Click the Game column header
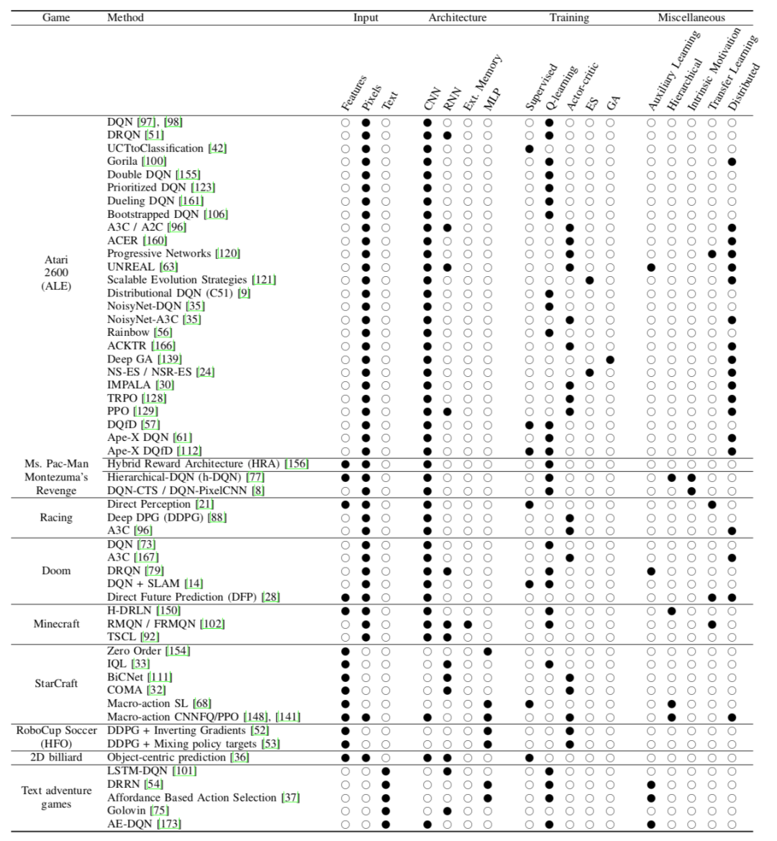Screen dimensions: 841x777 pos(56,17)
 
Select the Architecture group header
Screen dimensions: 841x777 pos(457,17)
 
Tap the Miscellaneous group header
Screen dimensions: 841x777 pos(691,17)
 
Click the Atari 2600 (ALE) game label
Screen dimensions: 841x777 pos(56,273)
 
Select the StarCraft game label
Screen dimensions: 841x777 pos(56,683)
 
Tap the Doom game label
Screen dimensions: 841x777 pos(56,570)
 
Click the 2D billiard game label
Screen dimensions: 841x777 pos(56,757)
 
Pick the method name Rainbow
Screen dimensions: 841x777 pos(128,332)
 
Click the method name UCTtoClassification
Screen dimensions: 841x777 pos(155,148)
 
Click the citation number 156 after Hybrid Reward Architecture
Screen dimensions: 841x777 pos(296,464)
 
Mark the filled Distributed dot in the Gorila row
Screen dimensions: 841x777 pos(732,162)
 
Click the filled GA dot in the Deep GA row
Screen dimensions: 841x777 pos(610,359)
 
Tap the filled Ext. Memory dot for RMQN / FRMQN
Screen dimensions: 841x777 pos(468,624)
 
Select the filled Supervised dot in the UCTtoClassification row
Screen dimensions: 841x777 pos(530,149)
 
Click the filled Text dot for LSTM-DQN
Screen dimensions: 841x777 pos(386,771)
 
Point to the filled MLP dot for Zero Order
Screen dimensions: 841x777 pos(488,651)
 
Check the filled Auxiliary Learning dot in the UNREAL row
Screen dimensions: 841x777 pos(651,267)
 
